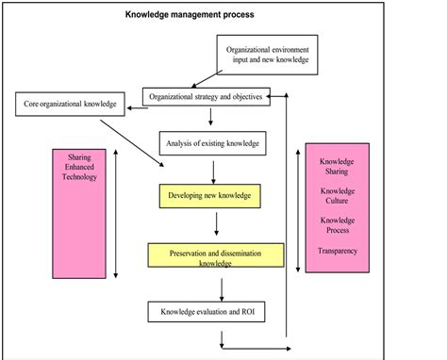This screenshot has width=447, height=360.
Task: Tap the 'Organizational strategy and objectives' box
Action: [x=207, y=96]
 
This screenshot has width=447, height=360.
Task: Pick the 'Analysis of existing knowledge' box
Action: [x=213, y=144]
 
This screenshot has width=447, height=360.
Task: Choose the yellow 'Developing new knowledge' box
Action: [x=210, y=196]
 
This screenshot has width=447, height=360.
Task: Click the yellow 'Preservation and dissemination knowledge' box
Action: [x=216, y=257]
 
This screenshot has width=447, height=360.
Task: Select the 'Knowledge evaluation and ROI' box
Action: [x=206, y=310]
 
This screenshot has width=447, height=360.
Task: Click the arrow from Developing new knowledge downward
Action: [x=218, y=224]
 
